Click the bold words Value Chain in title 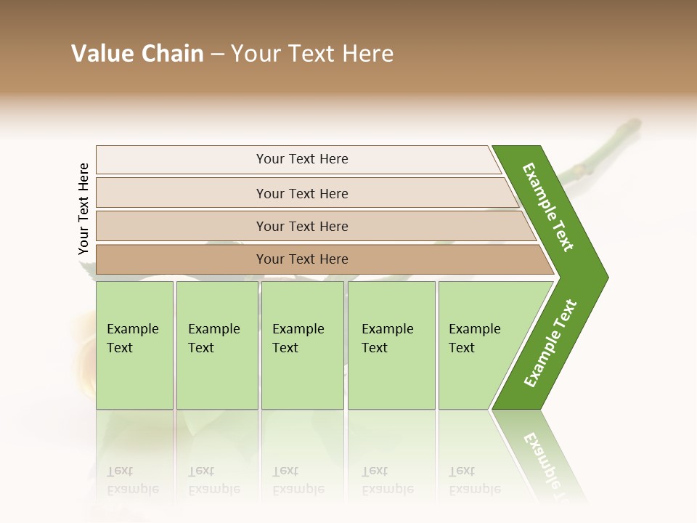click(x=137, y=54)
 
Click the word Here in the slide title click(x=367, y=54)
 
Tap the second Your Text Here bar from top click(x=302, y=193)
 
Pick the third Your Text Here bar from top click(x=302, y=226)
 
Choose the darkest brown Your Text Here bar click(x=302, y=259)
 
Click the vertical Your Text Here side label click(x=83, y=208)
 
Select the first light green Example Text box click(x=134, y=345)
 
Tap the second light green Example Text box click(x=216, y=345)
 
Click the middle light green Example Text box click(x=302, y=345)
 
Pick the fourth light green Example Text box click(x=391, y=345)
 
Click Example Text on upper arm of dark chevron click(x=548, y=207)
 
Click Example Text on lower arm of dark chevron click(x=550, y=344)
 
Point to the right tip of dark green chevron click(x=606, y=277)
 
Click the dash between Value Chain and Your click(x=216, y=54)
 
